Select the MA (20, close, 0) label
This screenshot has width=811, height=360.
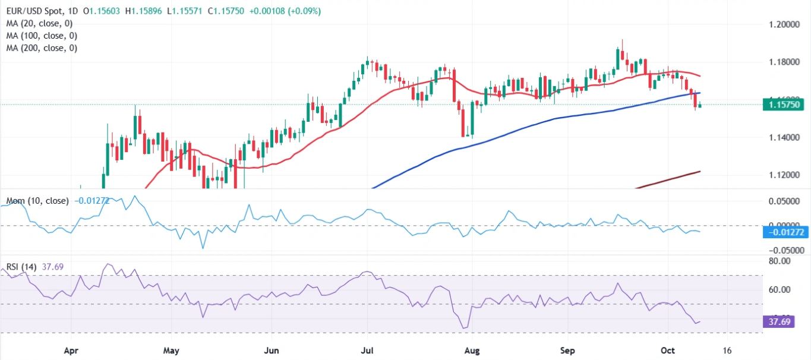39,24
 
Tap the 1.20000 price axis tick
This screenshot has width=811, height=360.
782,24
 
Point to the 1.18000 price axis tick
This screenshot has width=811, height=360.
782,62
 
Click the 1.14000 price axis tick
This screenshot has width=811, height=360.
782,137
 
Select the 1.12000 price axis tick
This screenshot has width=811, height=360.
782,175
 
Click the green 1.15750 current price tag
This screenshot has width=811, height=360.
785,105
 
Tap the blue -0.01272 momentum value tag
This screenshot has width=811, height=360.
785,232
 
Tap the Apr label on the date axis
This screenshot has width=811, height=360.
71,350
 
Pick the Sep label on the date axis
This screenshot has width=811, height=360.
568,350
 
